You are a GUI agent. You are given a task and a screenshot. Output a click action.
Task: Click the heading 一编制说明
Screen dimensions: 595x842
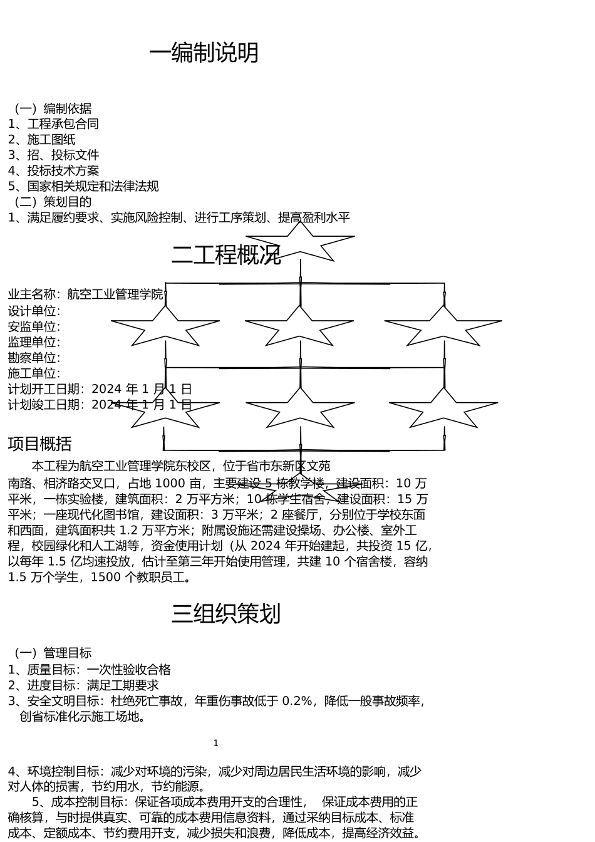(204, 53)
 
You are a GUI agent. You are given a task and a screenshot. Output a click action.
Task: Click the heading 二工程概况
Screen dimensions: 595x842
(226, 255)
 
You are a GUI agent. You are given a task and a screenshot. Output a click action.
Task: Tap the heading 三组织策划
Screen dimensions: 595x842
(226, 614)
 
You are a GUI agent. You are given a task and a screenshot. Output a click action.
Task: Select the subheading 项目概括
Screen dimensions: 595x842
(39, 444)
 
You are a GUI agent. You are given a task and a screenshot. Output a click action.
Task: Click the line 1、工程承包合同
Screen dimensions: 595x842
(53, 124)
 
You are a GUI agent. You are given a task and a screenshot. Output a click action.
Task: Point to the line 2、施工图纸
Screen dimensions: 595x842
(41, 140)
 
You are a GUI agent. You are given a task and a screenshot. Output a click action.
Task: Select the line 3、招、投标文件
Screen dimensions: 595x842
(53, 155)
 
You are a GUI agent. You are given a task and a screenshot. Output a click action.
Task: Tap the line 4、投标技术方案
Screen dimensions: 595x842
(53, 171)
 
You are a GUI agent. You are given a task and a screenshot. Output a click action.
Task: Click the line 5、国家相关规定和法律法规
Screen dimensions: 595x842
(83, 187)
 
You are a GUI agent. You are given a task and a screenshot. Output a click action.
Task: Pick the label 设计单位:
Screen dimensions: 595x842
(34, 311)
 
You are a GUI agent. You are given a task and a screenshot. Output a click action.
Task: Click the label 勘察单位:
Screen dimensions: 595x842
(34, 358)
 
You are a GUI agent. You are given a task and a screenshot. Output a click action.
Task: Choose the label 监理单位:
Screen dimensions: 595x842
(34, 343)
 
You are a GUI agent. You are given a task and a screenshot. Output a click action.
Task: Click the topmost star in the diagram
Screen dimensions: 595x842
(301, 241)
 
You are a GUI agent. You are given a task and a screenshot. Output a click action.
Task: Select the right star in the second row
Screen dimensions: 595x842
(443, 326)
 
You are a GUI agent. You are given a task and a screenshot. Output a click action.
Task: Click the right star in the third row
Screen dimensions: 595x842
(443, 408)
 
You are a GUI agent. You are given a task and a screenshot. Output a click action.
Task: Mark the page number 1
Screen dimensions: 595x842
(216, 744)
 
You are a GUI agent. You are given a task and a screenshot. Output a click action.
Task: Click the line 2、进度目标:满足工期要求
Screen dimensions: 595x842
(83, 685)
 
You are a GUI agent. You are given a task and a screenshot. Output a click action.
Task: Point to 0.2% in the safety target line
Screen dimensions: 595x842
(297, 701)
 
